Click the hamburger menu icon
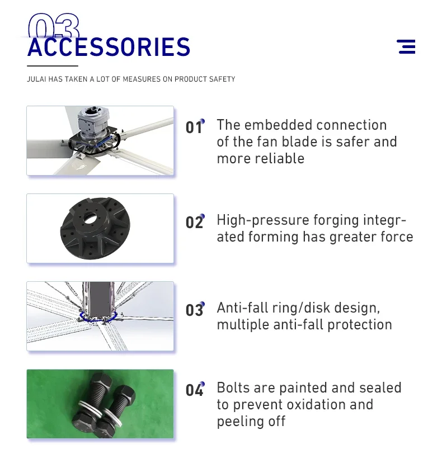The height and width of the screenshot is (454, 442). (406, 46)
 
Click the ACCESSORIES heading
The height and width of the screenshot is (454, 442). (109, 47)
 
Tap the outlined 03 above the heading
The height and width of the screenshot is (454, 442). (54, 26)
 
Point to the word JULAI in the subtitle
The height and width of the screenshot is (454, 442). (36, 79)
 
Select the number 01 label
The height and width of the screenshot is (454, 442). (195, 127)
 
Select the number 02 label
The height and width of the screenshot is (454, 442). (195, 222)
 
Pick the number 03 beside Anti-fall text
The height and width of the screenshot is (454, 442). (195, 310)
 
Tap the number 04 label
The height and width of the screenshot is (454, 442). (195, 390)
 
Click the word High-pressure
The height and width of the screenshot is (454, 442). (263, 221)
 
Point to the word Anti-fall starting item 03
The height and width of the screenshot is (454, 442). (242, 308)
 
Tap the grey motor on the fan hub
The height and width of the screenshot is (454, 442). (93, 122)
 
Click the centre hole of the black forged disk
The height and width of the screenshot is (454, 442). (90, 216)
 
